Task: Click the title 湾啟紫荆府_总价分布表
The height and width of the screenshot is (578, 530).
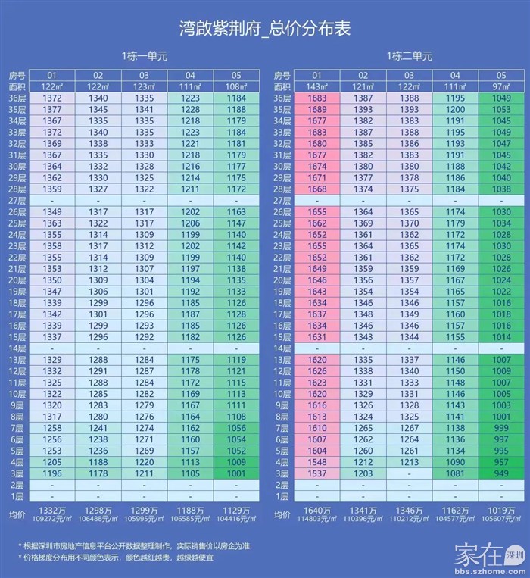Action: [265, 28]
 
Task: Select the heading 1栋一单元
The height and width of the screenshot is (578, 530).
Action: [144, 56]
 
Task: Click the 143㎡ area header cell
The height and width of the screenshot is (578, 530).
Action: [316, 87]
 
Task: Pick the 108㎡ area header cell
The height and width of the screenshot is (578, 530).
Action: [236, 87]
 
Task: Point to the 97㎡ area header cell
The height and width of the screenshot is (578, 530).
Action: [500, 87]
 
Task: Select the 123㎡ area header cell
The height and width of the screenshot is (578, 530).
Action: [145, 87]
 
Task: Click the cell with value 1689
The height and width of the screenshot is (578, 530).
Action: [316, 110]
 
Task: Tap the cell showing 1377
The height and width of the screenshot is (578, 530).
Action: [52, 110]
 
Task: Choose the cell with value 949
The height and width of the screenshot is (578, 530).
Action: [500, 473]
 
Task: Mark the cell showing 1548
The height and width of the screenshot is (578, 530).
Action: [316, 461]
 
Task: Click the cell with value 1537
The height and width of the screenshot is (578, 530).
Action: [316, 473]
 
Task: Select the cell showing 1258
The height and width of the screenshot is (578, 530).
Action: [52, 427]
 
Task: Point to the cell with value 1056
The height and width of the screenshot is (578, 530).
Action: [236, 427]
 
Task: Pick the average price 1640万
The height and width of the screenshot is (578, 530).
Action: [316, 511]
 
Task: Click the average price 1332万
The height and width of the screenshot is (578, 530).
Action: [52, 511]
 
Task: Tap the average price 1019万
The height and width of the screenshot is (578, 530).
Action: [500, 511]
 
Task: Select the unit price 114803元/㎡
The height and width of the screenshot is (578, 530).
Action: [316, 520]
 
